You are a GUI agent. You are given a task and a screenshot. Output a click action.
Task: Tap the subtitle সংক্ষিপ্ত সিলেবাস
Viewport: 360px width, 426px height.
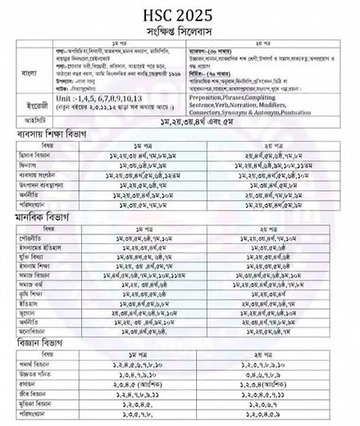point(180,28)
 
